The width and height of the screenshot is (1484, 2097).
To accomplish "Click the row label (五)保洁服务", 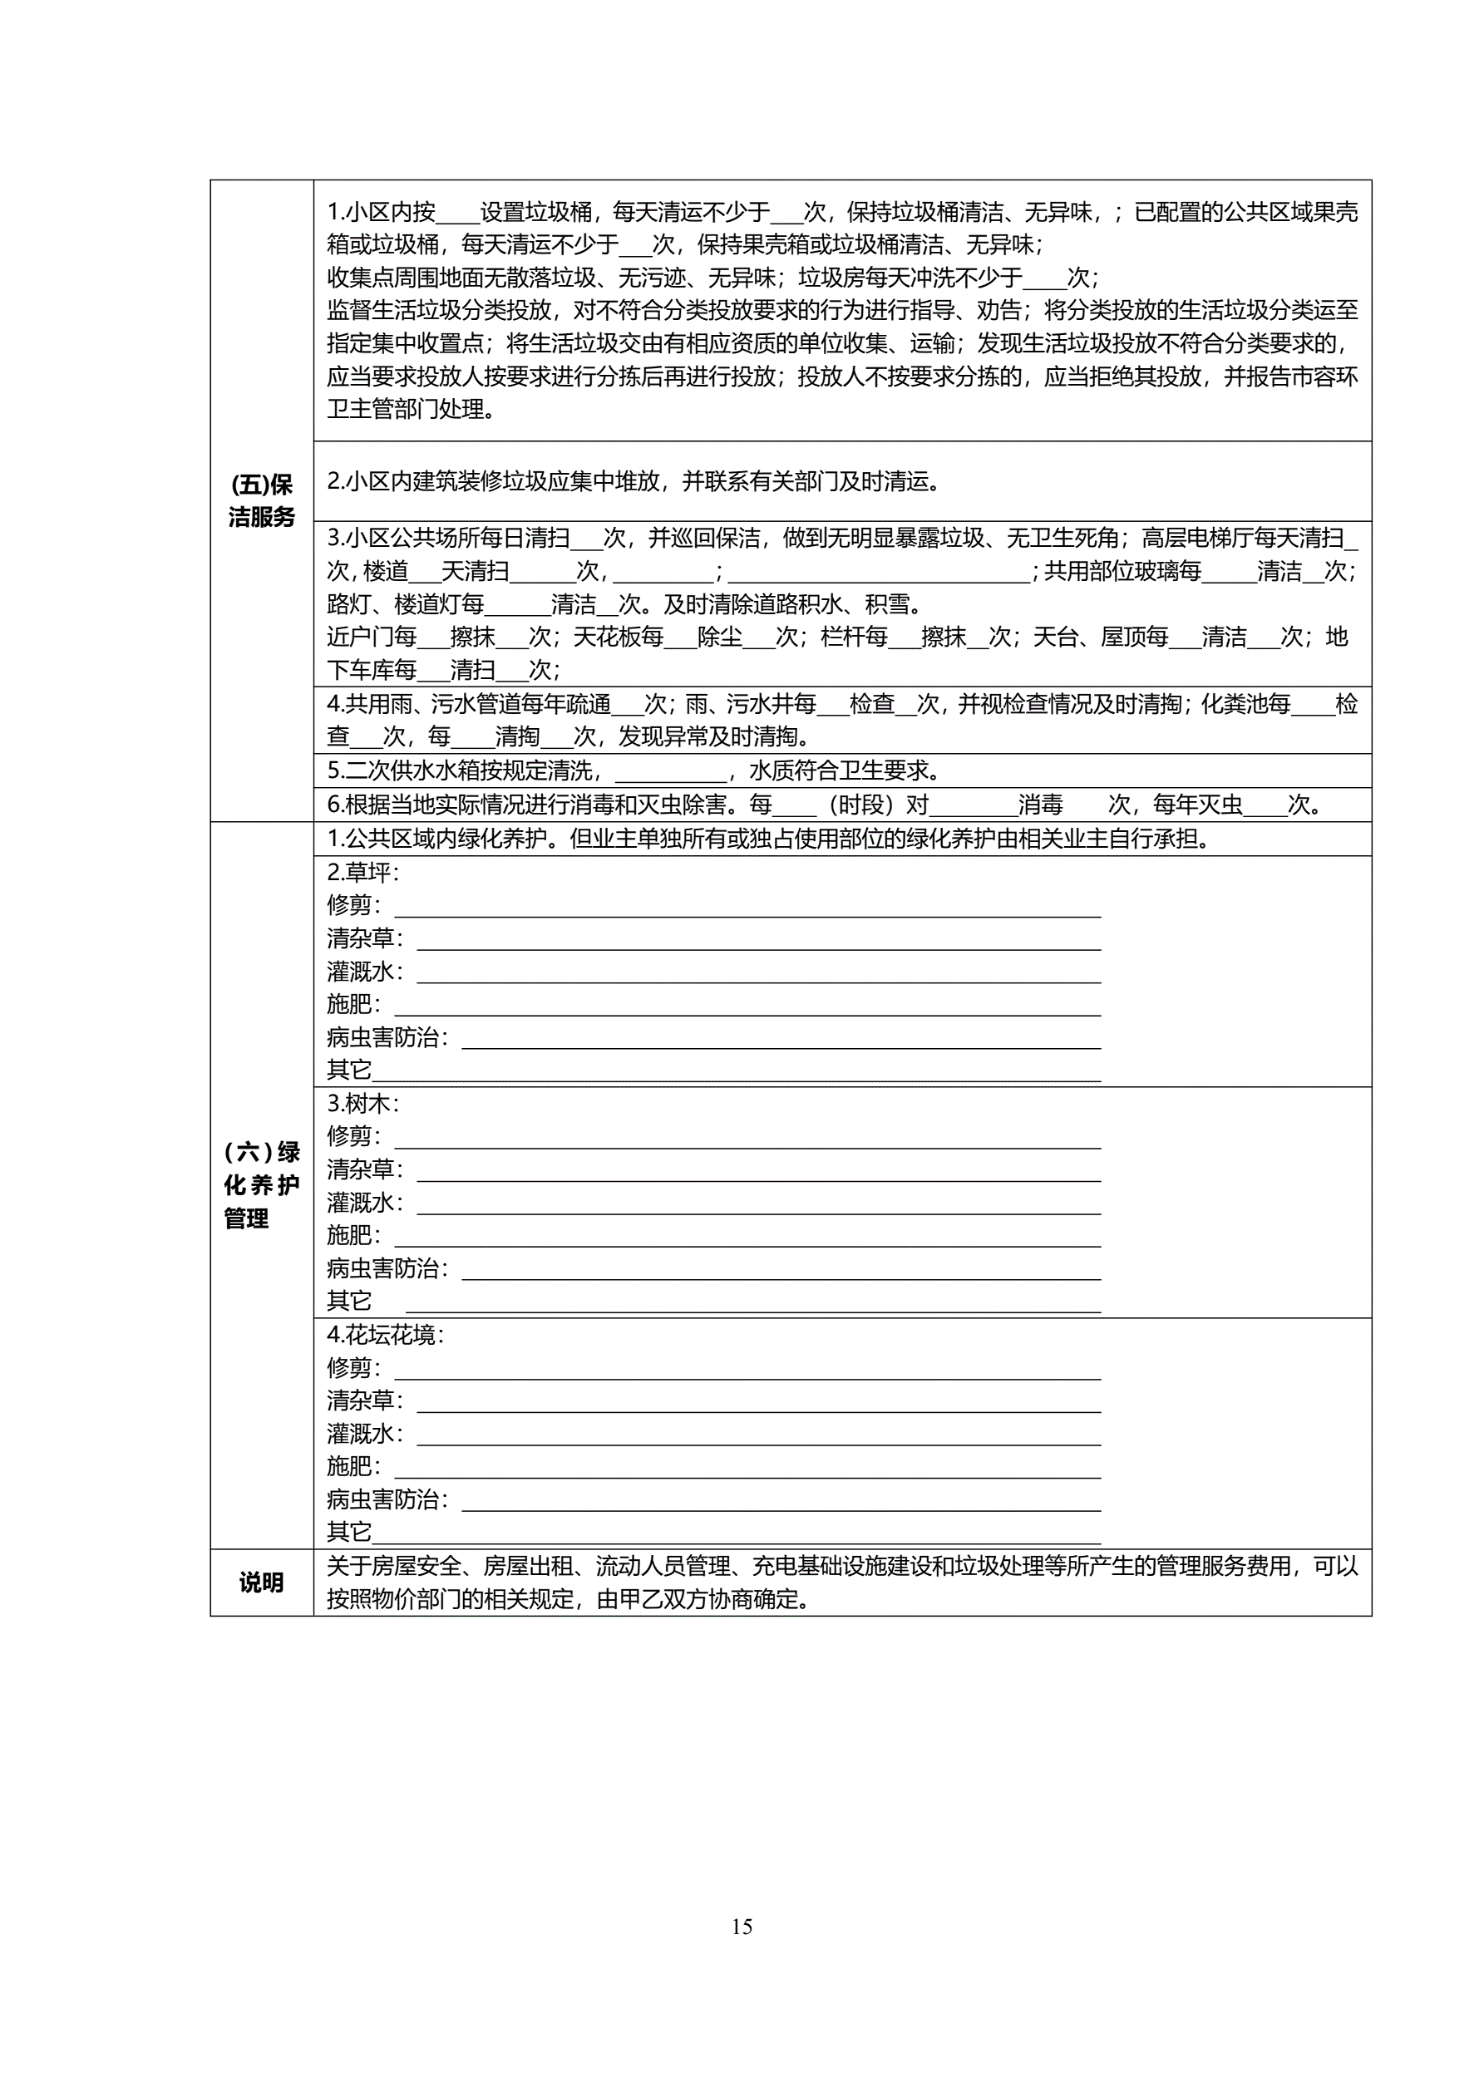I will tap(261, 500).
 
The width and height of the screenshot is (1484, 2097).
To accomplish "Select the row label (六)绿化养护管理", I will tap(261, 1184).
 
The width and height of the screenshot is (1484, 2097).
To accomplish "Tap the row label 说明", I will tap(261, 1583).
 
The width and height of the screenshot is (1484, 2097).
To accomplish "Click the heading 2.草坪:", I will tap(362, 872).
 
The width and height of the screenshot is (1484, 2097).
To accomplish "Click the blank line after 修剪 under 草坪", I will tap(747, 907).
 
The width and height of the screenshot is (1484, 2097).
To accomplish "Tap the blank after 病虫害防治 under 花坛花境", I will tap(781, 1500).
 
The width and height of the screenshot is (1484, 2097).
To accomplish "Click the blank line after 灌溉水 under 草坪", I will tap(758, 973).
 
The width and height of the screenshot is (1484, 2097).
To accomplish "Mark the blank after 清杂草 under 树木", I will tap(758, 1172).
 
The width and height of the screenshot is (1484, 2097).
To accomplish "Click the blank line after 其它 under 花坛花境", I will tap(736, 1533).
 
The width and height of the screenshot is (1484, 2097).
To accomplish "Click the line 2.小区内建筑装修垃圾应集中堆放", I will tap(634, 481).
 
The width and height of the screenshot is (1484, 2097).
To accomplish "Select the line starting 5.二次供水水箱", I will tap(634, 770).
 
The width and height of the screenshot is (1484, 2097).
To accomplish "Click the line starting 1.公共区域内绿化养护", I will tap(767, 839).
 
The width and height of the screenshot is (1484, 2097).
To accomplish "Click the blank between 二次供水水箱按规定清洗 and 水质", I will tap(671, 773).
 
